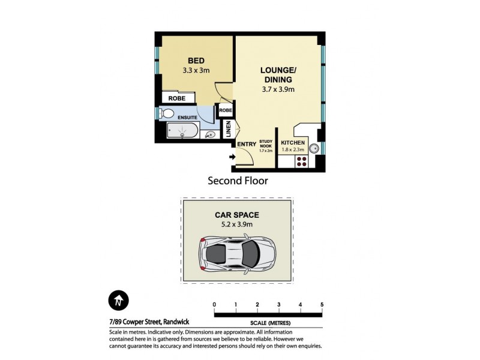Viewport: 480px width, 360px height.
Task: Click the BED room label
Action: point(196,61)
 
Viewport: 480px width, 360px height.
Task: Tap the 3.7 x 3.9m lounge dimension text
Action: point(277,89)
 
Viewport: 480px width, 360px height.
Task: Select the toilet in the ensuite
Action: point(167,113)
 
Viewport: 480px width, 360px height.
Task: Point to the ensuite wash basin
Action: point(210,135)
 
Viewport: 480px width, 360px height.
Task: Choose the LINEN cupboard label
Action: point(228,128)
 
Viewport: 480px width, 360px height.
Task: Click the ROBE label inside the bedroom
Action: point(176,98)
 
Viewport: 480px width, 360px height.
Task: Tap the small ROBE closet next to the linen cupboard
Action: point(225,110)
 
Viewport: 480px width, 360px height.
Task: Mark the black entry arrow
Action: point(232,157)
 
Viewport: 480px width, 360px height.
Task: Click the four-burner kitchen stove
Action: point(301,161)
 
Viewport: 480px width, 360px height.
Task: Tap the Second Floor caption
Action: point(238,180)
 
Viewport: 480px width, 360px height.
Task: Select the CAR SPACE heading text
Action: point(237,215)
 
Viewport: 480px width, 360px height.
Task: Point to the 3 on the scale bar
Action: point(279,305)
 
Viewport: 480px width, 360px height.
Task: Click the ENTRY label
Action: point(247,144)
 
